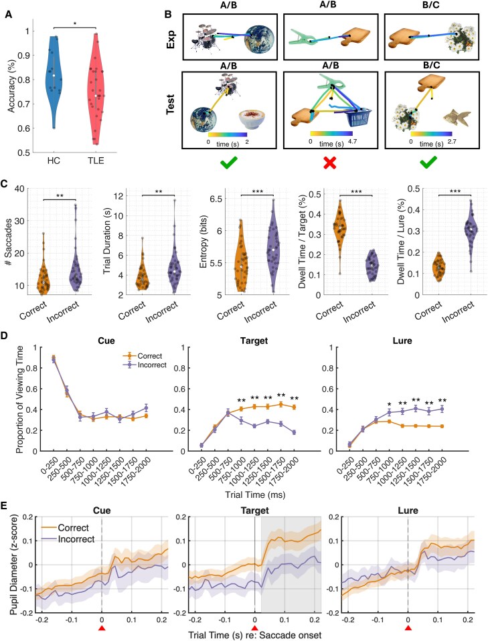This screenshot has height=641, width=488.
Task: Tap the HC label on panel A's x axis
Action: click(x=54, y=161)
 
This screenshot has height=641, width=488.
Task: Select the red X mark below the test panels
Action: click(x=330, y=163)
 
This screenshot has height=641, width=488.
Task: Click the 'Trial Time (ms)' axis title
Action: click(x=255, y=494)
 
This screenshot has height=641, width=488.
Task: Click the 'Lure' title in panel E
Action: click(x=408, y=511)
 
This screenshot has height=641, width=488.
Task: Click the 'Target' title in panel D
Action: click(x=254, y=341)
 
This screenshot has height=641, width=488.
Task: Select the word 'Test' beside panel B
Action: click(x=170, y=104)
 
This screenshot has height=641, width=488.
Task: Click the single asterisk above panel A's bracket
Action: click(x=74, y=23)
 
